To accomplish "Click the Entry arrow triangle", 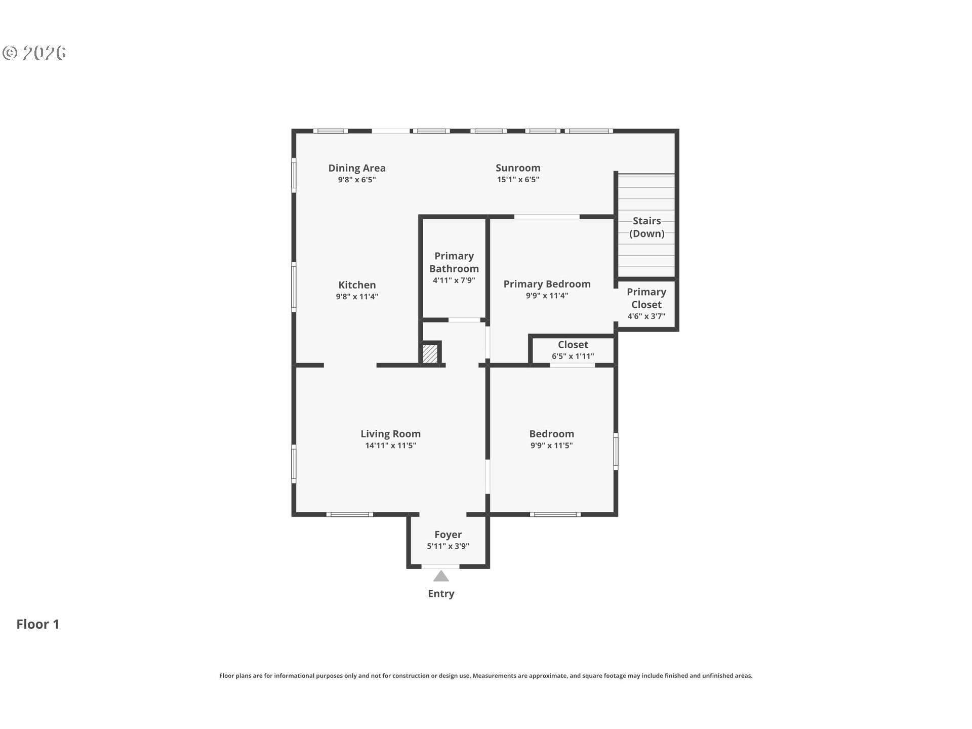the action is tap(441, 576).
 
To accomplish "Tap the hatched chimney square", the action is tap(430, 353).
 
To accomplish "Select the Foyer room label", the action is tap(448, 535).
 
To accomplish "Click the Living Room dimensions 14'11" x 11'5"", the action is tap(391, 445).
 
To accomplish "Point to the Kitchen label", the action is tap(357, 285).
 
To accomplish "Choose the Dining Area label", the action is tap(357, 168).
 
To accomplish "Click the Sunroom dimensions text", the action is tap(518, 179).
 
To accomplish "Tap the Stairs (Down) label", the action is tap(647, 227).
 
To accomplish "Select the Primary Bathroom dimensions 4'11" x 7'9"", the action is tap(454, 280).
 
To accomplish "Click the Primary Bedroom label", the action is tap(547, 284).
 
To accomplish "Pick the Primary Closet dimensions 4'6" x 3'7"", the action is tap(646, 316).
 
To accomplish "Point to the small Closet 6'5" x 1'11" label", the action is tap(573, 350).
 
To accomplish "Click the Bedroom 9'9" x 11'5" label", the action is tap(552, 439).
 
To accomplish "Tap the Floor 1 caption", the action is tap(38, 624).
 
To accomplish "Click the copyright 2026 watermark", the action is tap(34, 53).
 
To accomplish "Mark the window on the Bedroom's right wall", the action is tap(616, 451).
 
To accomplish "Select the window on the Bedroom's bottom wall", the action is tap(555, 514).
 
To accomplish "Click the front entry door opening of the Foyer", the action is tap(440, 566).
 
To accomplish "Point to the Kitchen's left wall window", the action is tap(294, 287).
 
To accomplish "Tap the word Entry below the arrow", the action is tap(441, 594).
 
